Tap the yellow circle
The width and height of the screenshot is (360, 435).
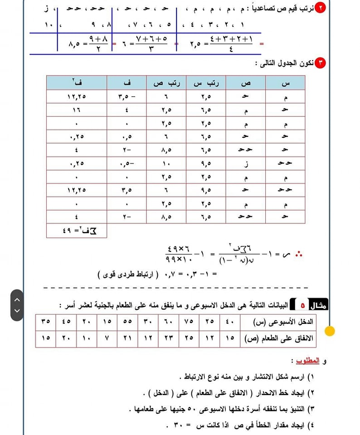click(330, 331)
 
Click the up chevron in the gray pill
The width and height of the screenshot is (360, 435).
click(17, 300)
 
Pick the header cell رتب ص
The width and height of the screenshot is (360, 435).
click(166, 82)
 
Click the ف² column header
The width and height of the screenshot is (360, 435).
click(77, 82)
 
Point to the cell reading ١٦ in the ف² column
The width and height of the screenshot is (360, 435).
click(77, 110)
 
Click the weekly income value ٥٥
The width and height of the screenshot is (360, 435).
click(127, 321)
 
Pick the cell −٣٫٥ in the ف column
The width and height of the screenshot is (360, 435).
click(126, 96)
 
